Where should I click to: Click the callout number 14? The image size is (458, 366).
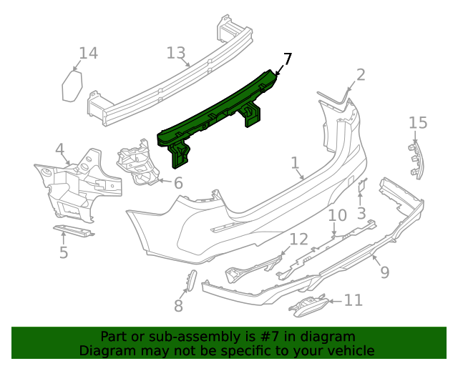coord(88,53)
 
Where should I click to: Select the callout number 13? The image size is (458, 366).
coord(176,53)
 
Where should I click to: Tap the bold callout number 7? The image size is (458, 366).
coord(287,59)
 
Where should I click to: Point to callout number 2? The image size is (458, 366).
coord(361,75)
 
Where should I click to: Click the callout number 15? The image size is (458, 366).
coord(418,123)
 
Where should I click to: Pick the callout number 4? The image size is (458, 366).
coord(60,149)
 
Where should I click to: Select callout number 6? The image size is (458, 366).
coord(178,183)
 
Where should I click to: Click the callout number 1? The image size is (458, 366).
coord(295,164)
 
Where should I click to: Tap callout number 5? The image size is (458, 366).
coord(64,252)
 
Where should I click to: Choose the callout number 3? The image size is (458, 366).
coord(361,213)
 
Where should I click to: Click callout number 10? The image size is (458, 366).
coord(337,216)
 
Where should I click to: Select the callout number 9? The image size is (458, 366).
coord(384,272)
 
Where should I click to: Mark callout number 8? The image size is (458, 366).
coord(178,306)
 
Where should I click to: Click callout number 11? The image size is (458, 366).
coord(354,300)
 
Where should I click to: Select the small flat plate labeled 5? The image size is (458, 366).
coord(73,229)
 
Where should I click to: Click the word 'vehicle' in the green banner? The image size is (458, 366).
coord(349,350)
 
